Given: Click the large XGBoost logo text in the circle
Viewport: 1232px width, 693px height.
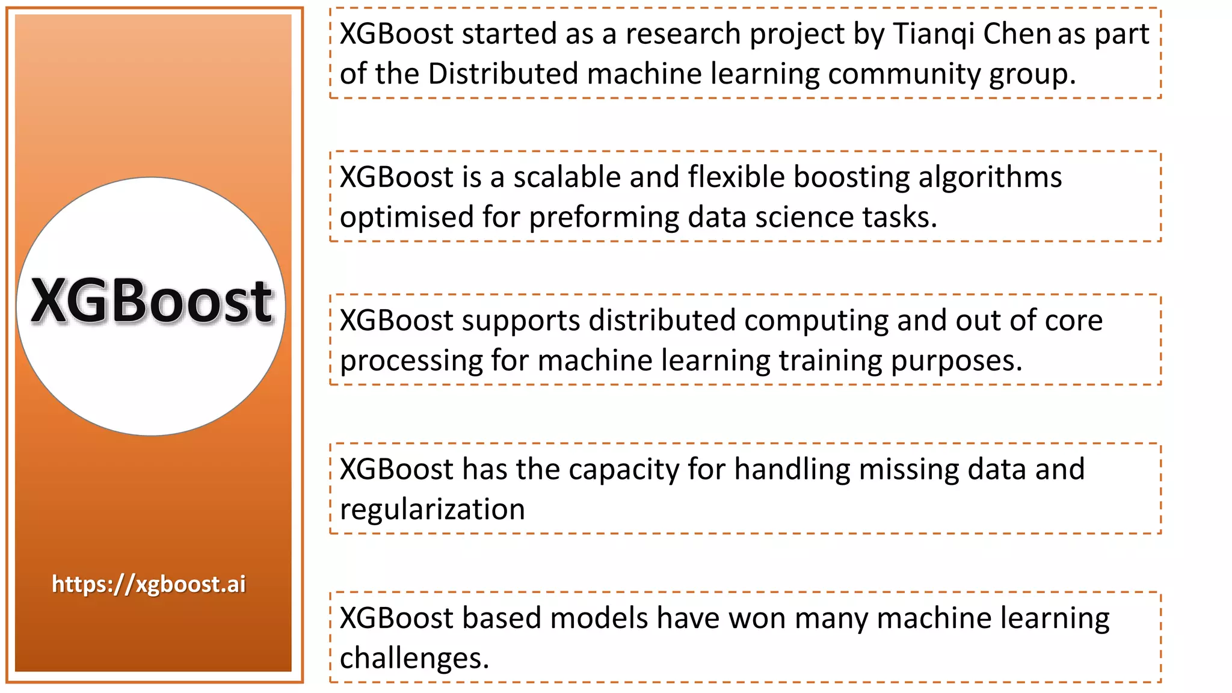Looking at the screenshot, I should pyautogui.click(x=152, y=301).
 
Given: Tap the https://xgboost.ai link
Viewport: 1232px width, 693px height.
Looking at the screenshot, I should pyautogui.click(x=149, y=584).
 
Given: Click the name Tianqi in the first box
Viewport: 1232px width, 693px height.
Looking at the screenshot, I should pyautogui.click(x=933, y=34).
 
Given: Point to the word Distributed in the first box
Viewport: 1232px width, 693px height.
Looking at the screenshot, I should pyautogui.click(x=503, y=74).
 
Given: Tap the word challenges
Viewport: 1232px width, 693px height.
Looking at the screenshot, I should pyautogui.click(x=414, y=658).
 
